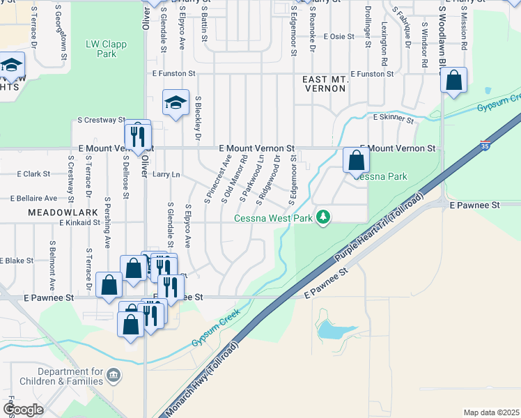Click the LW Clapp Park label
point(101,48)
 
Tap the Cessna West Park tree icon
point(322,218)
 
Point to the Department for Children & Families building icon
point(114,377)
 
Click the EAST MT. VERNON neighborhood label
point(325,85)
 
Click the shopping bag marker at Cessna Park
point(355,160)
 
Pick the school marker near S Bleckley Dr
point(176,102)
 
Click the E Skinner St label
point(394,119)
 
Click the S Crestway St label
point(97,120)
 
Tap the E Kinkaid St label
point(81,222)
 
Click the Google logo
point(23,410)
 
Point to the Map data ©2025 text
point(491,412)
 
